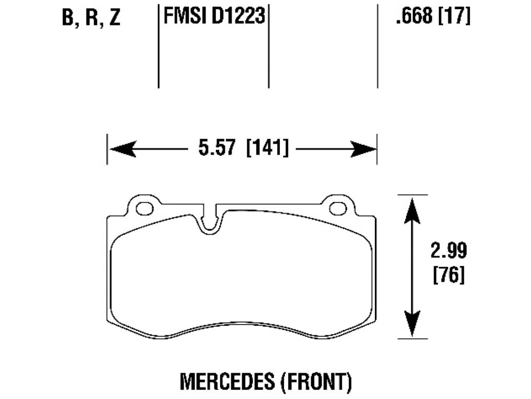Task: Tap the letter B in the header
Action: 68,18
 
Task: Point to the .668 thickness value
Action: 414,17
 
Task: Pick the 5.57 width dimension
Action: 217,148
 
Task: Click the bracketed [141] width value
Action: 267,148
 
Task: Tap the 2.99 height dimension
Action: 448,251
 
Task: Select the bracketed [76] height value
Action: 448,275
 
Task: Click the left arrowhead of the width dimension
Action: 123,149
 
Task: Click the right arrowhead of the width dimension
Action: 362,149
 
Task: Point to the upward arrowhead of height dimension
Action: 411,210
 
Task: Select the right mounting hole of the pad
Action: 338,208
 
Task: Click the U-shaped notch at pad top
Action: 211,222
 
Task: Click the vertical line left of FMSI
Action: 159,46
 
